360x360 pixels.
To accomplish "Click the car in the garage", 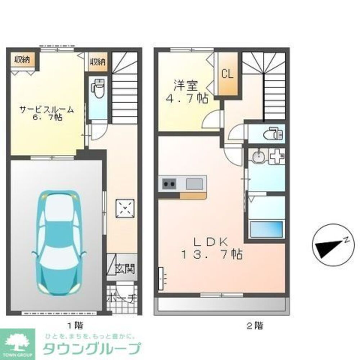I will [59, 242].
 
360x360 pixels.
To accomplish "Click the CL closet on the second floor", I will [227, 74].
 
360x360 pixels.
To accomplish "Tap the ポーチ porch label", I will [122, 298].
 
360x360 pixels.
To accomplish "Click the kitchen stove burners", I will [168, 185].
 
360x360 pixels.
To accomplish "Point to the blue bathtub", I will [266, 229].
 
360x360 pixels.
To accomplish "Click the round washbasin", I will [257, 157].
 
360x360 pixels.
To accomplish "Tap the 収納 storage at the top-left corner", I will [22, 60].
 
